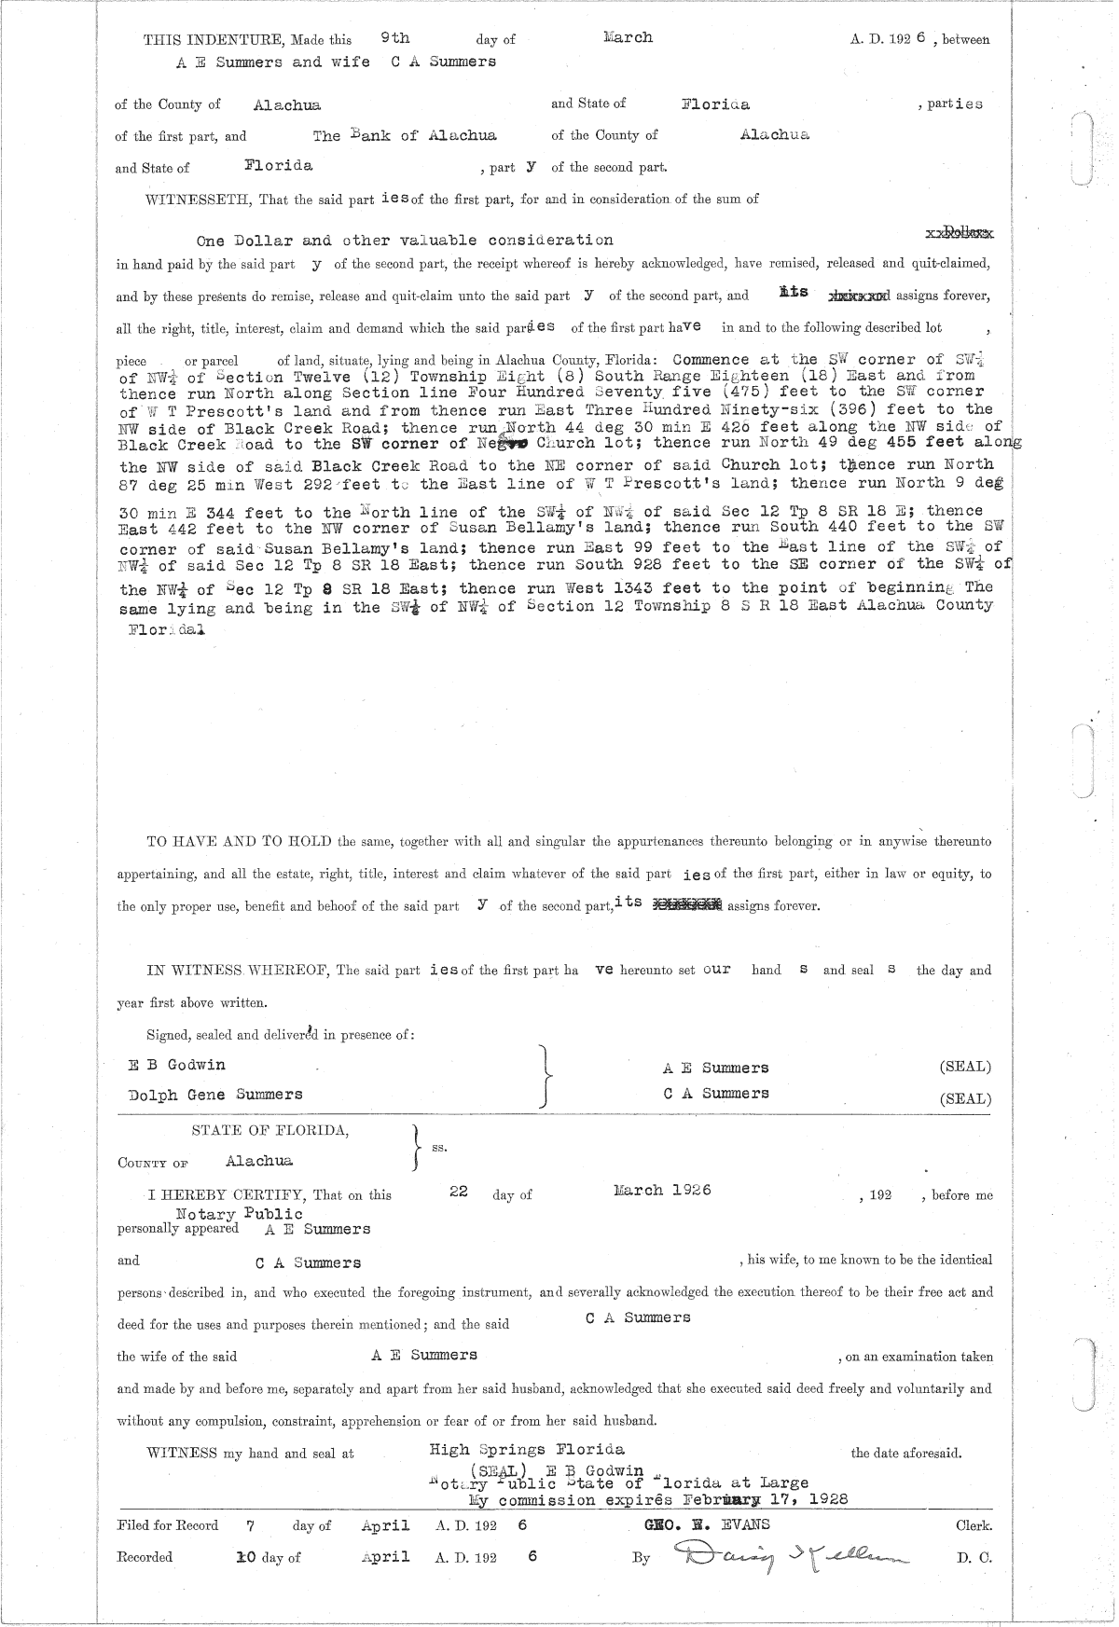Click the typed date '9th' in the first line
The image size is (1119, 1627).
click(395, 37)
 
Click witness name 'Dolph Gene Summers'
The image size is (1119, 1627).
click(215, 1094)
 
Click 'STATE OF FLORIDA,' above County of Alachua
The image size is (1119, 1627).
click(270, 1130)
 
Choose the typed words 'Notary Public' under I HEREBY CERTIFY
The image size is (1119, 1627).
click(240, 1214)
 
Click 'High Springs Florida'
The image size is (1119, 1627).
click(527, 1449)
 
